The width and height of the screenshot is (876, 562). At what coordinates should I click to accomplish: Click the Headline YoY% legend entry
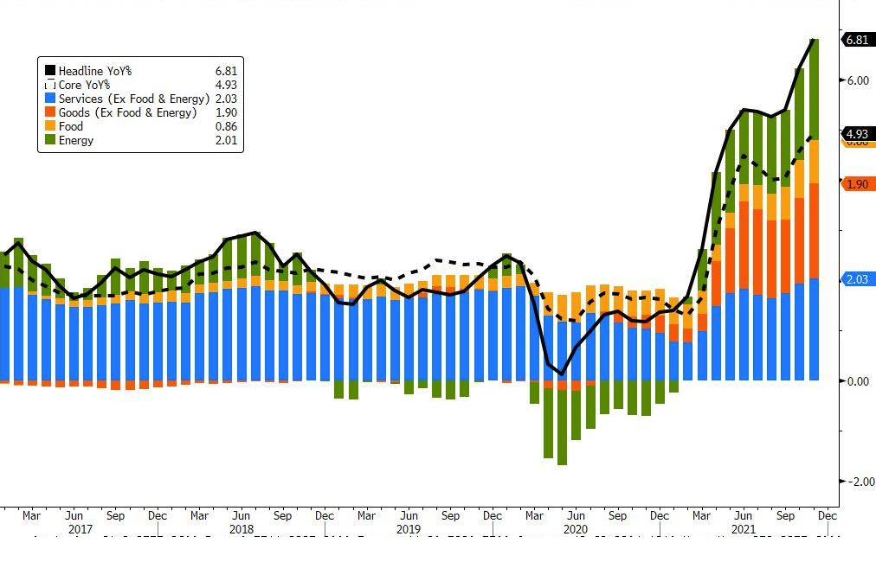[94, 71]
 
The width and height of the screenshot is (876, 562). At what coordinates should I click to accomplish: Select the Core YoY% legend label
[84, 85]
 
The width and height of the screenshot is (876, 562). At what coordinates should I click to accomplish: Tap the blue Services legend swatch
[49, 99]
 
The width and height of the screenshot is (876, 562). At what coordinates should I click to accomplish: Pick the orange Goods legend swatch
[49, 112]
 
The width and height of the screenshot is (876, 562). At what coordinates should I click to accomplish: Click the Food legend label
[71, 126]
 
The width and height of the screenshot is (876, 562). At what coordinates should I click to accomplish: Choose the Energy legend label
[76, 140]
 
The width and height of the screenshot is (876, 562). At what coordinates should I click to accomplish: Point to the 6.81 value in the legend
[226, 71]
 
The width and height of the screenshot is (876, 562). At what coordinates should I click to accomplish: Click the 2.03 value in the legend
[226, 99]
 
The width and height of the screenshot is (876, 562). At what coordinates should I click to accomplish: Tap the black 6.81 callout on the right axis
[858, 40]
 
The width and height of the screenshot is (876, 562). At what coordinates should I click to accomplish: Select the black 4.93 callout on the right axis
[858, 133]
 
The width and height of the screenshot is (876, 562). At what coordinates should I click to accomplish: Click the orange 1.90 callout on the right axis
[858, 184]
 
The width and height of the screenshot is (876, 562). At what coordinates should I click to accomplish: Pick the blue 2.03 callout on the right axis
[858, 278]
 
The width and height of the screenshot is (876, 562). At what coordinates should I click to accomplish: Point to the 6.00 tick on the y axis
[857, 80]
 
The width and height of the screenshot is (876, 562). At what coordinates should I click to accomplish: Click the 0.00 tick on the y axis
[857, 381]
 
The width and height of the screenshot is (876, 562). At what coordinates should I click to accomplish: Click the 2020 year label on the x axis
[576, 529]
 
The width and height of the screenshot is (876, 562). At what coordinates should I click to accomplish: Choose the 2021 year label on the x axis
[743, 529]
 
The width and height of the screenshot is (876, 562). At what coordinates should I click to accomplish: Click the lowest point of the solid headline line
[562, 374]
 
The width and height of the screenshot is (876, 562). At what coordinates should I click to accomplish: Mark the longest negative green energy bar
[562, 427]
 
